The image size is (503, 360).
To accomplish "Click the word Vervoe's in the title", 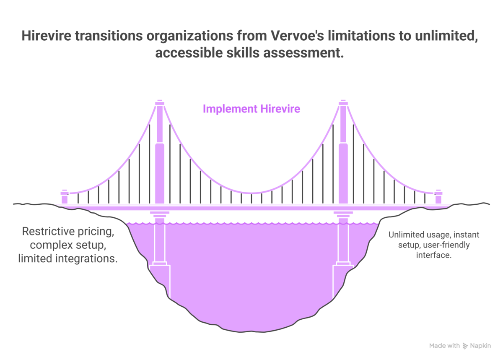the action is (297, 36).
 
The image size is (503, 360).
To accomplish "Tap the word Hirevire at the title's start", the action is (46, 36).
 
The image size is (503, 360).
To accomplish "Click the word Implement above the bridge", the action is (230, 109).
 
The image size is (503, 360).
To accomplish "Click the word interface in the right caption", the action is (433, 255).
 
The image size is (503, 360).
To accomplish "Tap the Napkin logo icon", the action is (465, 346).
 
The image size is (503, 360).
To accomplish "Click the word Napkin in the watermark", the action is (480, 346).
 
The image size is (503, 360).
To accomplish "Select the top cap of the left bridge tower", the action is (160, 103).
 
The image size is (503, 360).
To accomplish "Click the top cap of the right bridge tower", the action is (343, 103).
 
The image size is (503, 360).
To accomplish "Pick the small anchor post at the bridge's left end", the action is (65, 197).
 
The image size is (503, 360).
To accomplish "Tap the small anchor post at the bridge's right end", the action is (438, 197).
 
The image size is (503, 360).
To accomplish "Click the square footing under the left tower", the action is (160, 281).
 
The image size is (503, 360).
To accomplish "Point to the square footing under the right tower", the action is (343, 281).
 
